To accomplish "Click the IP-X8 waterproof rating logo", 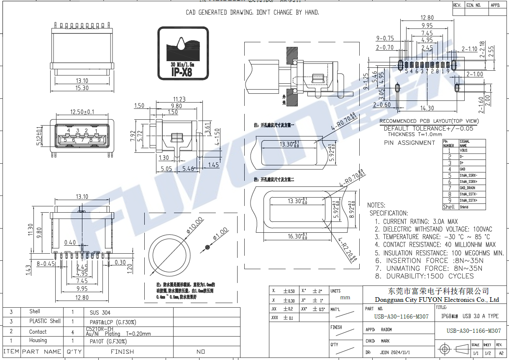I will (183, 53).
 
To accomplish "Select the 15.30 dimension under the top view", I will (82, 88).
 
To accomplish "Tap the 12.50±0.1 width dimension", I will (82, 112).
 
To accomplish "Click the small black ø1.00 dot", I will (207, 246).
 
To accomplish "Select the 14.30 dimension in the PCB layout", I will (427, 108).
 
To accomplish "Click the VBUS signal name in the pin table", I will (464, 150).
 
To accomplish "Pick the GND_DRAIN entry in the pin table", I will (468, 188).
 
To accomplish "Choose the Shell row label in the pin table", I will (448, 207).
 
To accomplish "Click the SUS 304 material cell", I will (100, 313).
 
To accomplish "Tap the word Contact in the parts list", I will (38, 332).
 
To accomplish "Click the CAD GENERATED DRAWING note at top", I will (252, 13).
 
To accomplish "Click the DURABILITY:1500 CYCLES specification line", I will (425, 276).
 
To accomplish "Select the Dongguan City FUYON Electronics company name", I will (437, 300).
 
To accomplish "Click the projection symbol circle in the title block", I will (444, 348).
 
